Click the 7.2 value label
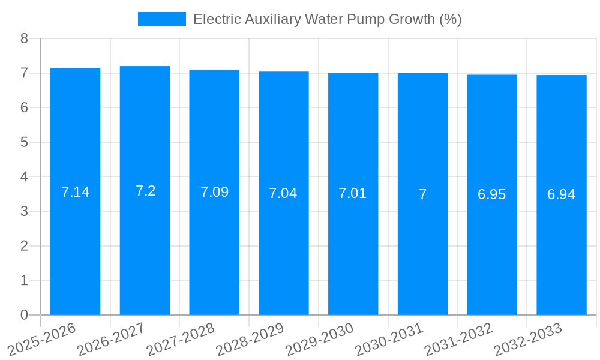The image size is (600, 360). tap(145, 191)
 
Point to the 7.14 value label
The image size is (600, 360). tap(75, 192)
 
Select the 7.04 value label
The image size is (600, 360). tap(283, 193)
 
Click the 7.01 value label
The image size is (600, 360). tap(353, 193)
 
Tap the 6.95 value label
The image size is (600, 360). tap(492, 194)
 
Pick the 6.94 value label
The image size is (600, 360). tap(562, 194)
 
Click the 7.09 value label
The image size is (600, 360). tap(214, 192)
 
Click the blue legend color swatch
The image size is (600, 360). tap(162, 19)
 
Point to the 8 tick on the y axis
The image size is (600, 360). tap(24, 38)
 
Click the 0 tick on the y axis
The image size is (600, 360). tap(24, 315)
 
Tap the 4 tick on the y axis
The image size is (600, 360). tap(24, 177)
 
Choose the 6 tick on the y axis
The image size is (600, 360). tap(24, 108)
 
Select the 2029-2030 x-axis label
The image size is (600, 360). tap(320, 340)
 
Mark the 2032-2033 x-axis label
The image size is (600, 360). tap(528, 340)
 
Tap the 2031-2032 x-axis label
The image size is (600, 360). tap(458, 340)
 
